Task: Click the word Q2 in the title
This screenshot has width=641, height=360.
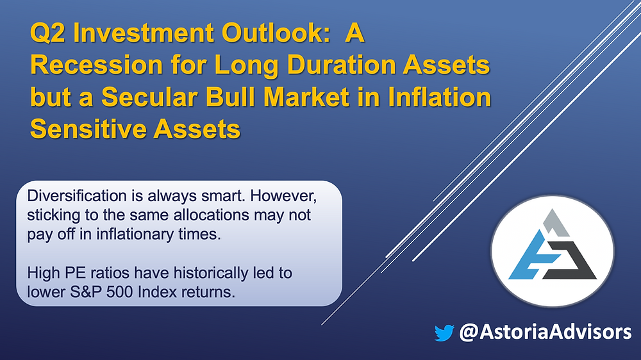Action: click(x=47, y=33)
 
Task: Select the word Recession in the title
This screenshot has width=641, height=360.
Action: click(x=97, y=65)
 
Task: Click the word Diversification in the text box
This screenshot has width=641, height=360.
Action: click(x=77, y=196)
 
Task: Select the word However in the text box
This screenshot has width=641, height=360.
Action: click(x=283, y=197)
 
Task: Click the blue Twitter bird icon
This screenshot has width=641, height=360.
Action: click(x=444, y=332)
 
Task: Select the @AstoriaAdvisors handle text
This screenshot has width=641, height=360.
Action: click(x=545, y=331)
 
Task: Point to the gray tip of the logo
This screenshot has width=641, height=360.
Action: click(x=555, y=223)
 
